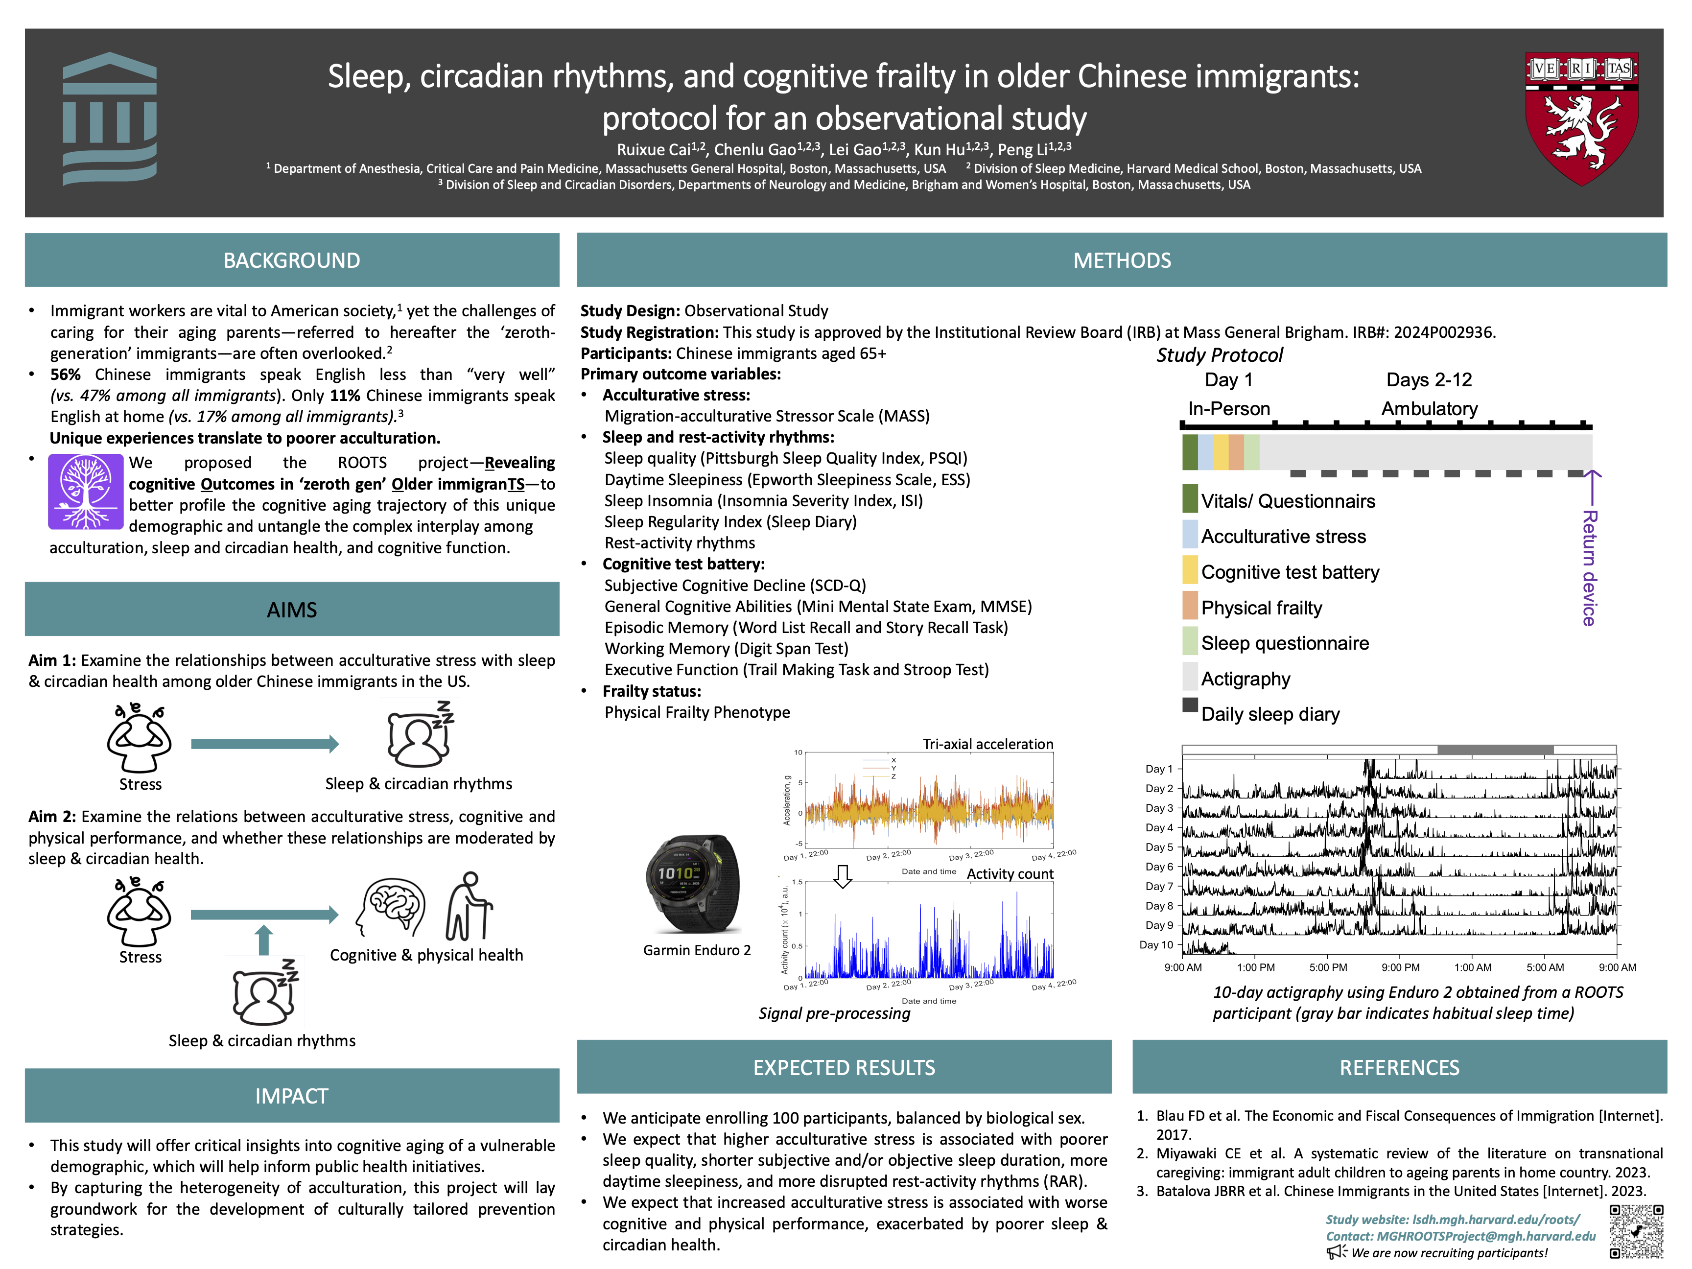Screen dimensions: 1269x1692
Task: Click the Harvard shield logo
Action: [x=1581, y=118]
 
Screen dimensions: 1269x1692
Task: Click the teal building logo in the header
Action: [x=109, y=118]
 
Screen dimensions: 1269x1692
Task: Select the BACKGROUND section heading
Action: [x=291, y=261]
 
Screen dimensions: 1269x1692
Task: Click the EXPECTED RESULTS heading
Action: [x=844, y=1067]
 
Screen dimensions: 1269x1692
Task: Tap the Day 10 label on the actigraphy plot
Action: [x=1156, y=945]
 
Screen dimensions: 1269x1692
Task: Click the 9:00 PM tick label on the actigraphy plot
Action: [x=1401, y=967]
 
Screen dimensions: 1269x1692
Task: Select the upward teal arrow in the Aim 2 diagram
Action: [x=264, y=940]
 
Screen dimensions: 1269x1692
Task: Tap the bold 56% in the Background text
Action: [x=65, y=375]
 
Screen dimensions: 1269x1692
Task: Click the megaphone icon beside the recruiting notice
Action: [x=1336, y=1252]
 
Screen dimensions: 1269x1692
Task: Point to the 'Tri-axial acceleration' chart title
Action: [x=987, y=744]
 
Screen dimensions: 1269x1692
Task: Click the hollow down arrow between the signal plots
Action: [x=842, y=876]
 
